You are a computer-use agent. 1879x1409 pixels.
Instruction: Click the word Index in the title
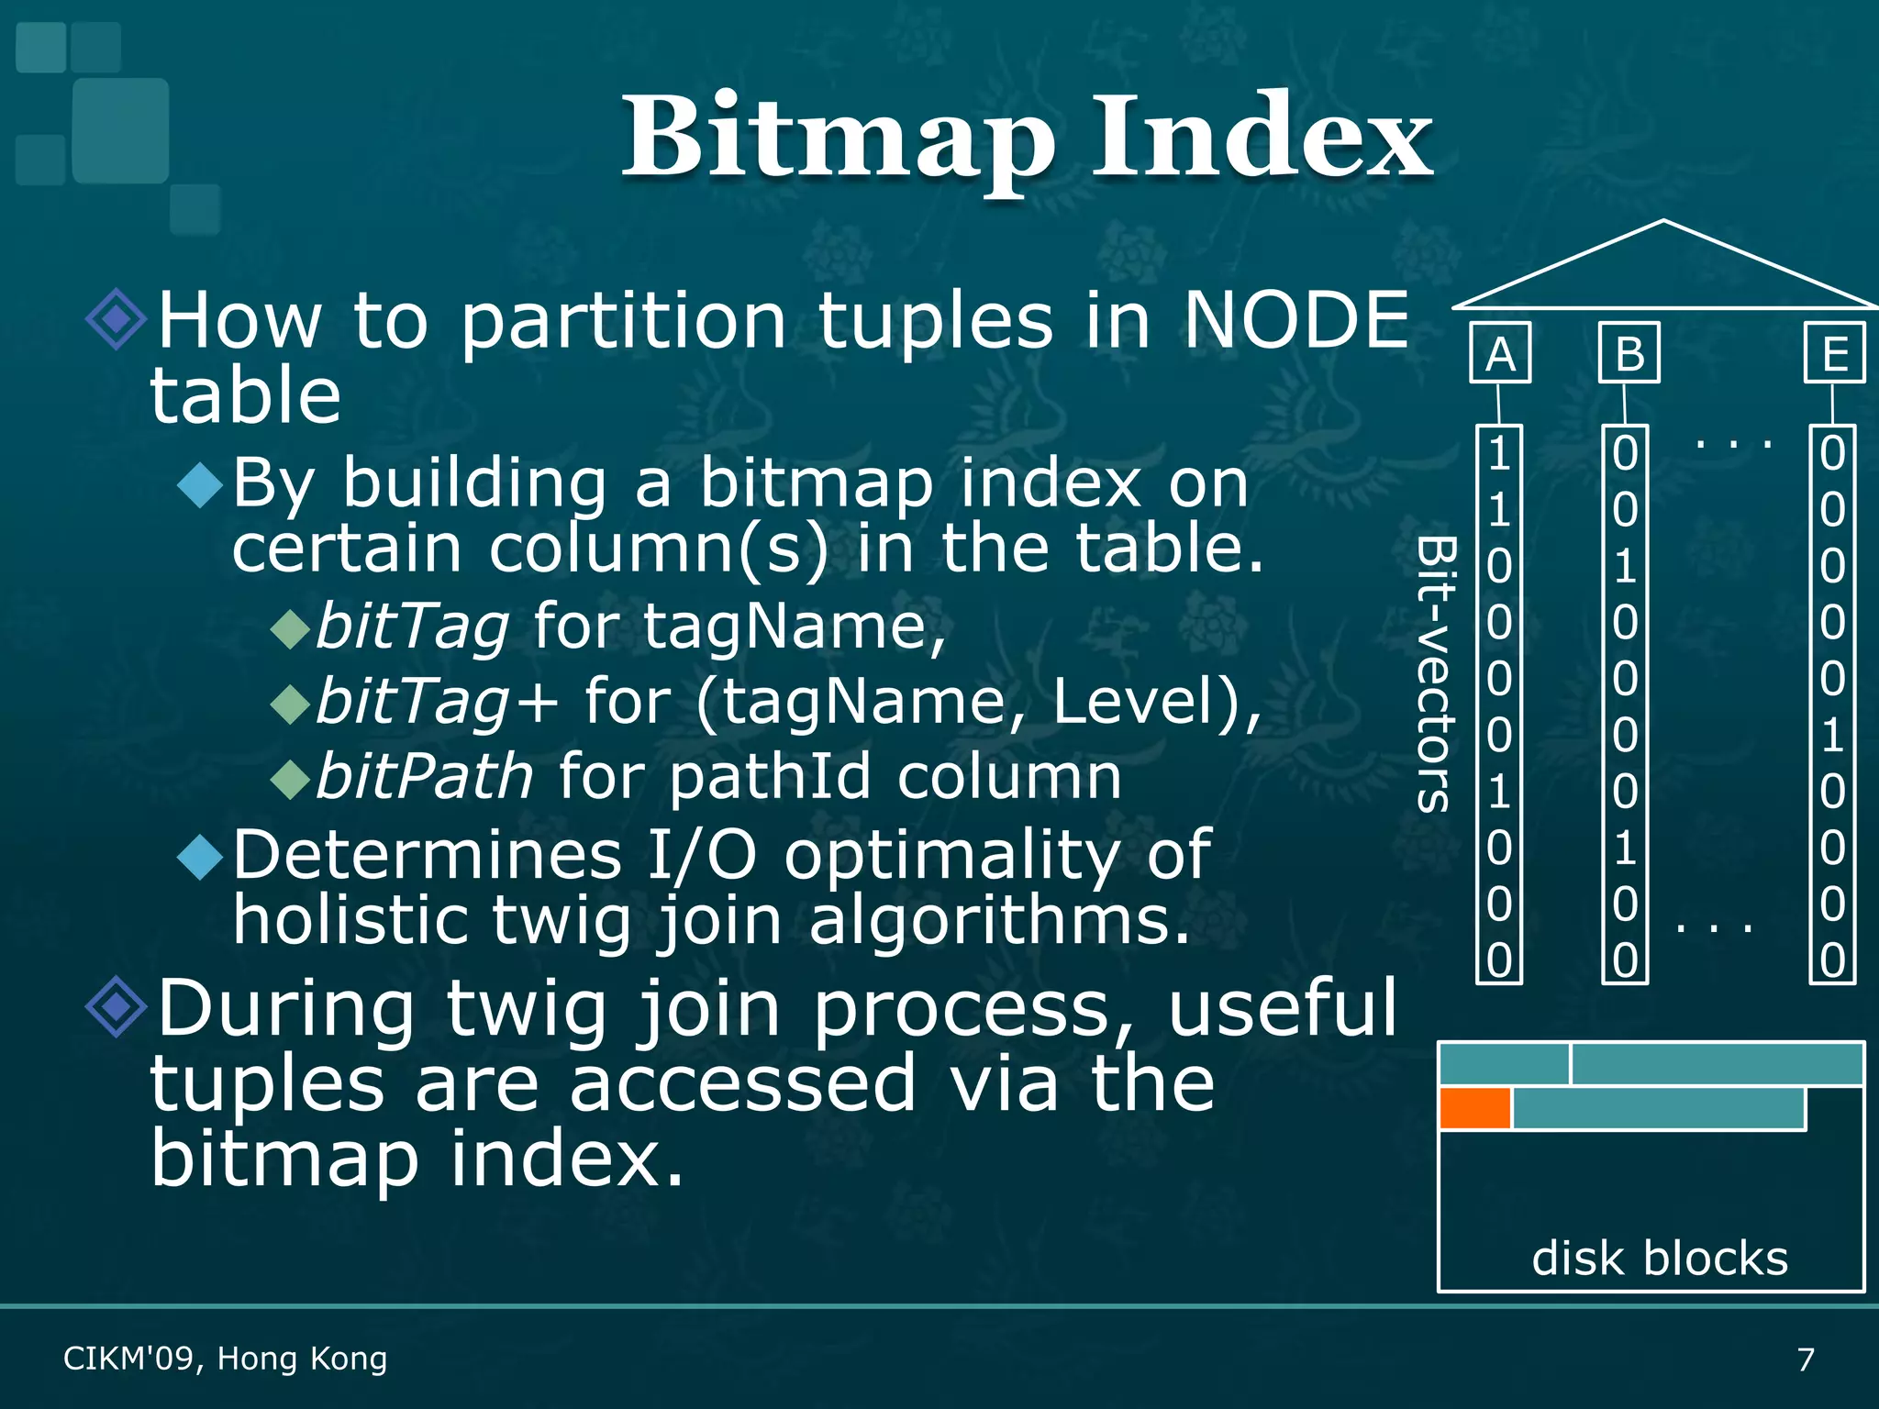1262,138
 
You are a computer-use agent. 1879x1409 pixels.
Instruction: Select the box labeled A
1500,353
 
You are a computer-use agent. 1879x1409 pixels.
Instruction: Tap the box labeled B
1629,353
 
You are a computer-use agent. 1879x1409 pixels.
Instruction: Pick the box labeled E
1835,353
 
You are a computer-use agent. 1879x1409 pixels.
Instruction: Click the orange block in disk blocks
1474,1108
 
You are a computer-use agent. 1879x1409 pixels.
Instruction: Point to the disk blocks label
1659,1258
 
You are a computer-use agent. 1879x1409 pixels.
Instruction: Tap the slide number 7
1806,1359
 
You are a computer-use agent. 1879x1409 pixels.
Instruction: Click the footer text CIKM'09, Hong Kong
225,1359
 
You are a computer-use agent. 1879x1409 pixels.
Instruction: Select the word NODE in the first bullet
1295,320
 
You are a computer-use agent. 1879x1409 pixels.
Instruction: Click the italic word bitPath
424,777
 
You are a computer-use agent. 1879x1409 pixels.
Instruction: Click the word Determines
428,855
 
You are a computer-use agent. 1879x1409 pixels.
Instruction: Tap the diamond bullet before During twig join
116,1007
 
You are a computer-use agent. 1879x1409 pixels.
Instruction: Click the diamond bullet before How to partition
116,319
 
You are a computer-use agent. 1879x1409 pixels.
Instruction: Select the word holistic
350,920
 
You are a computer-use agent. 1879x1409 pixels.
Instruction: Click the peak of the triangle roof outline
1662,221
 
